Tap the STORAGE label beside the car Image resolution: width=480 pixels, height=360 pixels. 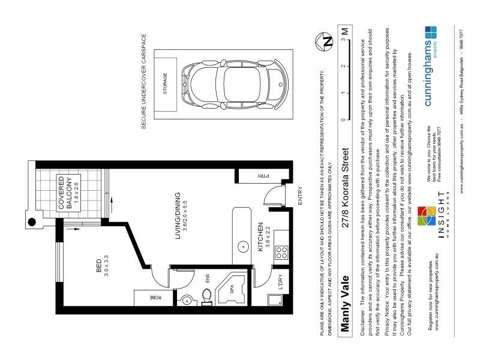166,84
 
